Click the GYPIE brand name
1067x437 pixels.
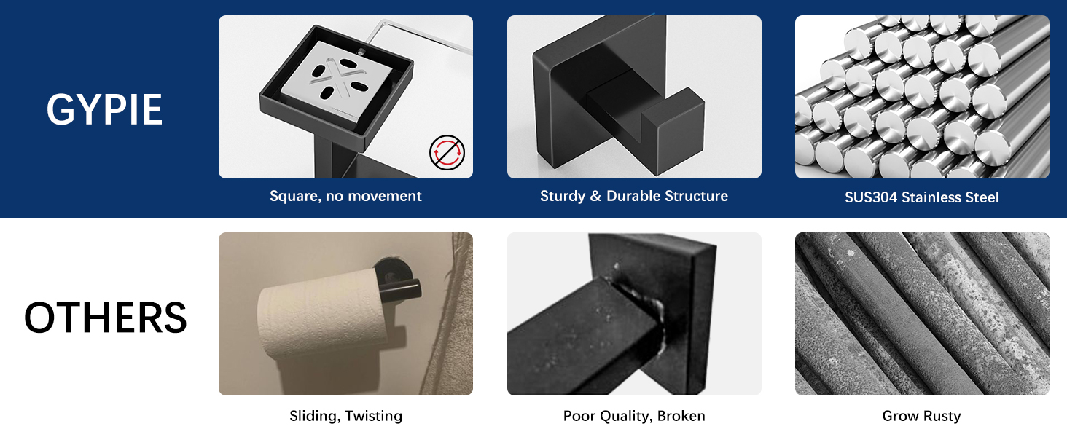[104, 110]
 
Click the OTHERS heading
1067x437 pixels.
[106, 318]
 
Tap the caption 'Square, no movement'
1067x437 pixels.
[345, 196]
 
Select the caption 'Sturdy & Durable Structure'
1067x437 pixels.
[633, 196]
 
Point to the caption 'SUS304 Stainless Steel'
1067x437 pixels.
[921, 197]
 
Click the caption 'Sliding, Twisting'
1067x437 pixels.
[345, 416]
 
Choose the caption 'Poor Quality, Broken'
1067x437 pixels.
[633, 416]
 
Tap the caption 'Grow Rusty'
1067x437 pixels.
[921, 416]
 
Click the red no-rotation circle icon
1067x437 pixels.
[446, 154]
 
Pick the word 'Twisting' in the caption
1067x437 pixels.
[373, 416]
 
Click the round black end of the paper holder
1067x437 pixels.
[410, 289]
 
